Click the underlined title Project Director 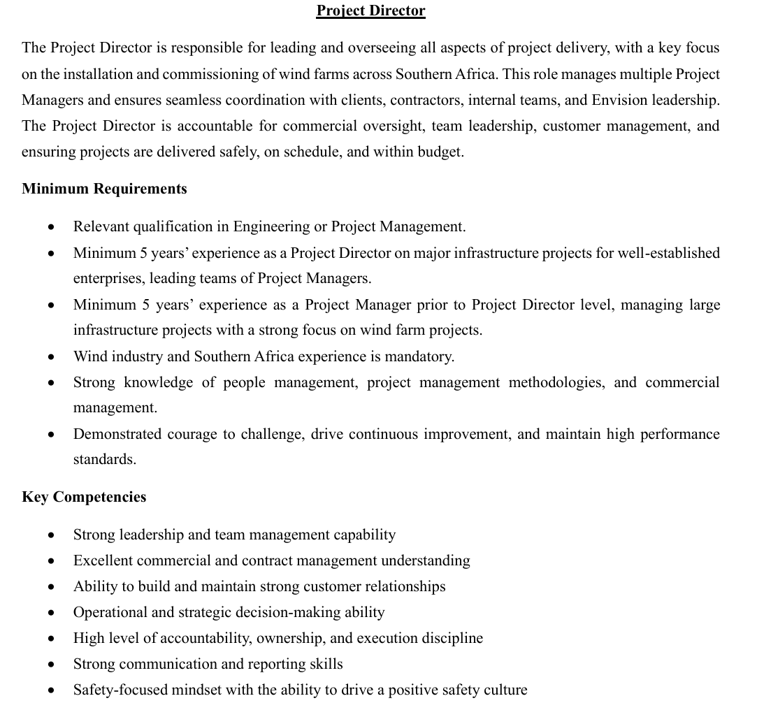coord(370,10)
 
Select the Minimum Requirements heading coord(104,189)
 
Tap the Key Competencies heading coord(84,497)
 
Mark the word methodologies coord(556,382)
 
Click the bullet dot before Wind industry coord(52,357)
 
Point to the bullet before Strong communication coord(52,665)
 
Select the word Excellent coord(103,560)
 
